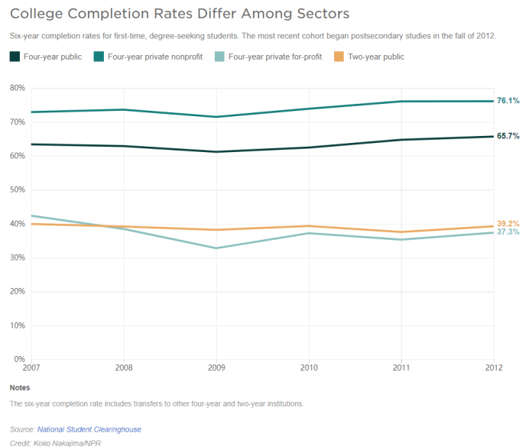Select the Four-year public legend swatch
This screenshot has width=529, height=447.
point(15,57)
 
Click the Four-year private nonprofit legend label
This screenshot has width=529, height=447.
point(155,57)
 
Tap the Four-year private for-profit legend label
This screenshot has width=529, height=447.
point(275,57)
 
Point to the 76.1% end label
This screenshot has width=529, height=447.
point(508,101)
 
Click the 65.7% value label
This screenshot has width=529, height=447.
point(508,136)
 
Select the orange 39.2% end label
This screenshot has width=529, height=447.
point(508,223)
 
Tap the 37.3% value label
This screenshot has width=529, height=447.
point(508,232)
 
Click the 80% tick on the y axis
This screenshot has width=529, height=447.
point(17,88)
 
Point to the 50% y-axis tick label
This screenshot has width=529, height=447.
point(17,189)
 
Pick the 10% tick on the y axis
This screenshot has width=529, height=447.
point(17,325)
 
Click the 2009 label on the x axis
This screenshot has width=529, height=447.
point(216,367)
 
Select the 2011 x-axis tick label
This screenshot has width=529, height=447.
point(401,367)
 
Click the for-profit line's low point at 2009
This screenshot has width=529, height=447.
point(216,248)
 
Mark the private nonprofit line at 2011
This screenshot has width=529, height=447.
point(401,102)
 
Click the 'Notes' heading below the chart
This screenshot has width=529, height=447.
point(21,387)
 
